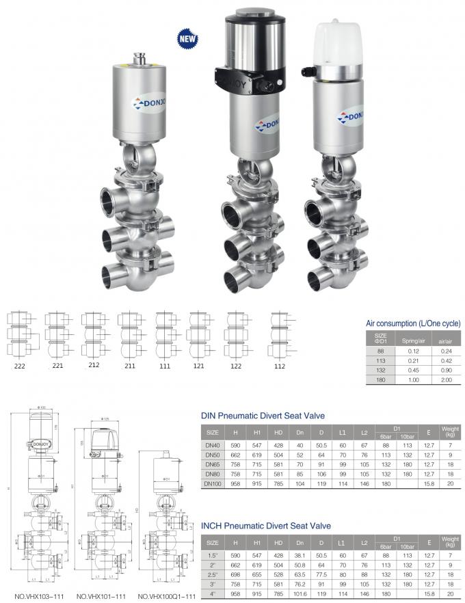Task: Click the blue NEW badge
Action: click(187, 38)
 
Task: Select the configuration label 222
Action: click(19, 366)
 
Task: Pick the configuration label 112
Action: click(278, 366)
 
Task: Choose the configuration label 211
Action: click(128, 366)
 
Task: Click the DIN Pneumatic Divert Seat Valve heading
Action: click(262, 416)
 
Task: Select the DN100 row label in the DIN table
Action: click(213, 483)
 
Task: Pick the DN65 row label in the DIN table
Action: click(213, 464)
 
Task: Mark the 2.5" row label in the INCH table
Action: click(213, 574)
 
